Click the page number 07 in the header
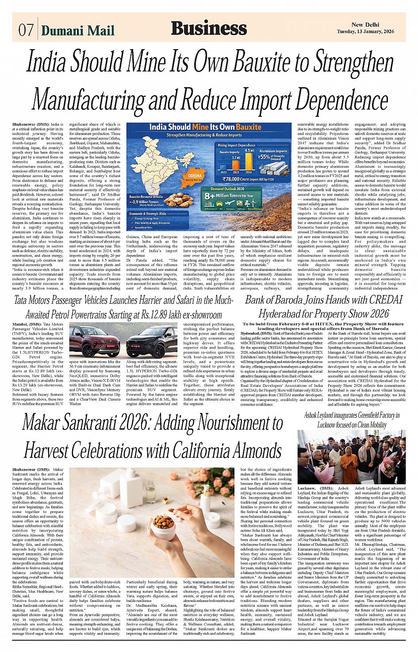click(x=25, y=30)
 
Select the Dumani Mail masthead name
click(x=78, y=30)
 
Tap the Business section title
click(x=209, y=28)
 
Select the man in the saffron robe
click(x=349, y=464)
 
